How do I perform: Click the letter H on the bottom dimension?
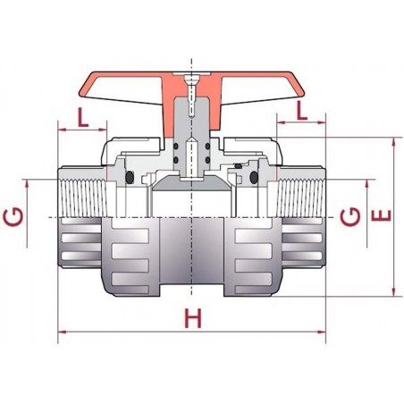coord(190,318)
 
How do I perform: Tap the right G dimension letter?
coord(352,215)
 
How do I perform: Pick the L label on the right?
coord(302,111)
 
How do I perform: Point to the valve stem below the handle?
coord(190,147)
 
